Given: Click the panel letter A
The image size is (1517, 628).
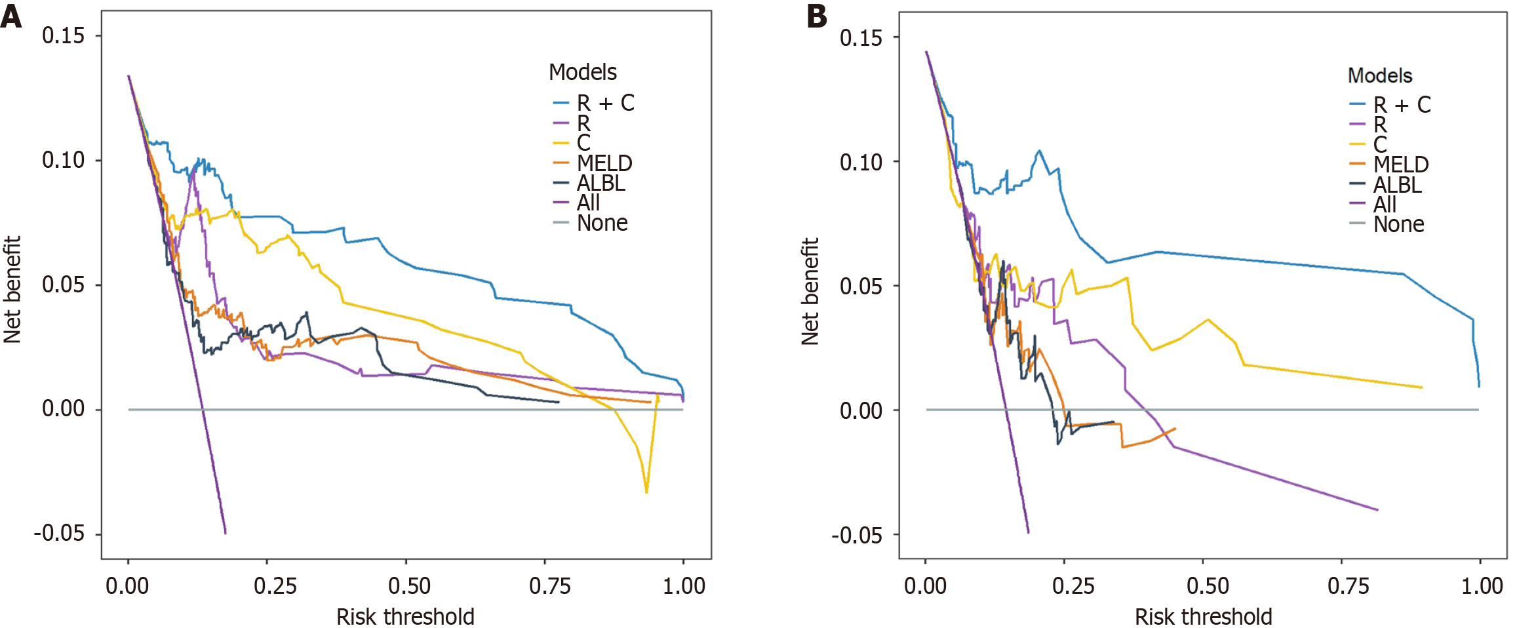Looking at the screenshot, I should (11, 16).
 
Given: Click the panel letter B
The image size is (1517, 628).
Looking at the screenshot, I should (817, 16).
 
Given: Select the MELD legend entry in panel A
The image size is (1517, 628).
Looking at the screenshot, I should (604, 163).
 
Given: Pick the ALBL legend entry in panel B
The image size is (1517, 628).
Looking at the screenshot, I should (1397, 185).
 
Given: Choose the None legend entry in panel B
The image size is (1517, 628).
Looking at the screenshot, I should (1398, 225).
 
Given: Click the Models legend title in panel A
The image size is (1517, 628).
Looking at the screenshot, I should (583, 72).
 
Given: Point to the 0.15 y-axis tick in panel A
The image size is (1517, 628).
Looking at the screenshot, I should (64, 35).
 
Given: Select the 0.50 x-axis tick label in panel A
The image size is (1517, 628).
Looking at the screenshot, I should (409, 585).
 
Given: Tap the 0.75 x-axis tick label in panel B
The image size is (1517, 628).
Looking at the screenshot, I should (1349, 585).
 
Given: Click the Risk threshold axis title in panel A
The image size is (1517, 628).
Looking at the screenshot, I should (405, 617).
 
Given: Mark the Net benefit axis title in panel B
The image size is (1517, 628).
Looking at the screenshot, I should (810, 292).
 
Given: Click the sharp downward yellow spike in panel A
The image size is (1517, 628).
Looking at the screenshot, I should (646, 492).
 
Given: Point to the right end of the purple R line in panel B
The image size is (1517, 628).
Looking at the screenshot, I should (1377, 510).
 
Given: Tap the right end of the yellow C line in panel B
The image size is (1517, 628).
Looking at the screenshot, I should (1421, 387).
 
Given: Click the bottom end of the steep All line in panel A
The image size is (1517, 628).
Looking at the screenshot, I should (226, 533).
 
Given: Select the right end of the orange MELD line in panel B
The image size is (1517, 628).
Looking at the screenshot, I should (1175, 429).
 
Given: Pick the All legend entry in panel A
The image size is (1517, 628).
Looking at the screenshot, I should (588, 203).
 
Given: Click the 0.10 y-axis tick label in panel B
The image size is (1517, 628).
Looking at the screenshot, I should (860, 162).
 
